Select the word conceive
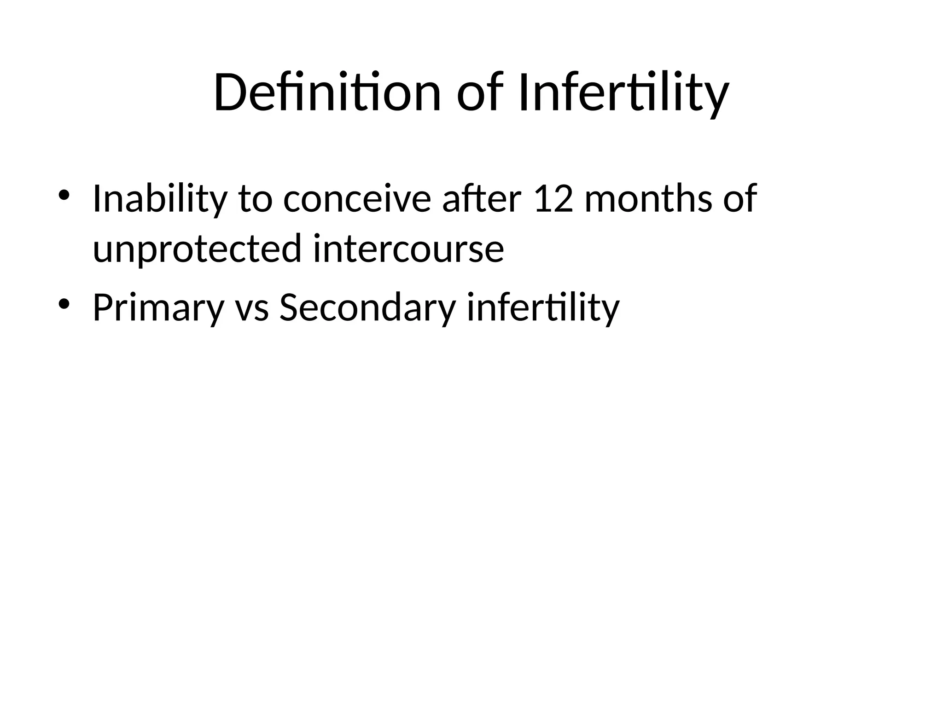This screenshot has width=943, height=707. [x=357, y=199]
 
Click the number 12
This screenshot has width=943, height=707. [x=553, y=199]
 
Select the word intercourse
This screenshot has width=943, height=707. [x=408, y=249]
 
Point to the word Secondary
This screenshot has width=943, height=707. [x=367, y=307]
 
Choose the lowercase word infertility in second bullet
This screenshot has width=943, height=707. [x=543, y=307]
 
